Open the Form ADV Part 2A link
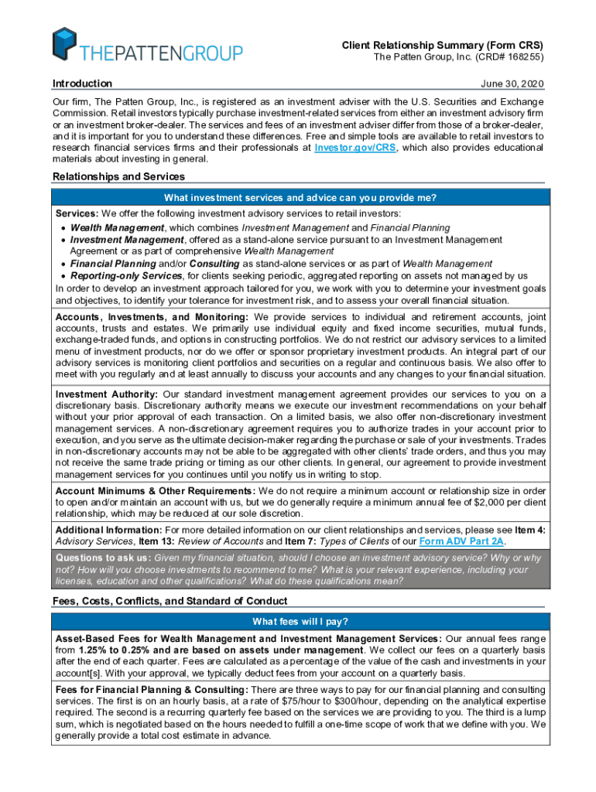pos(462,541)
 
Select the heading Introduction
pos(82,84)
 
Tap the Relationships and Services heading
pos(118,176)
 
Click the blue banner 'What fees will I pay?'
pos(300,622)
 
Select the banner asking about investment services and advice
pos(300,198)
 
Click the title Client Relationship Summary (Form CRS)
pos(443,46)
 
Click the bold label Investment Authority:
pos(108,394)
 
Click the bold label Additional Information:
pos(108,530)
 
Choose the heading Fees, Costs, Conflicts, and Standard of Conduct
pos(170,601)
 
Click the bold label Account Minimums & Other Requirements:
pos(155,491)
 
